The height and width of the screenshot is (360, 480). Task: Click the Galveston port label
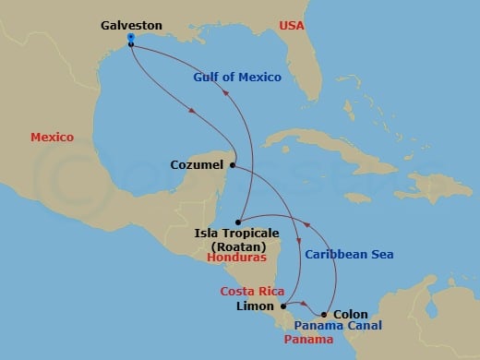(131, 26)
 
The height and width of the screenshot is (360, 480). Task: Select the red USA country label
(292, 26)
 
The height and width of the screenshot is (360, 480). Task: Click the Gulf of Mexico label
(237, 78)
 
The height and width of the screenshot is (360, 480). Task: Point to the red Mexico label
(52, 137)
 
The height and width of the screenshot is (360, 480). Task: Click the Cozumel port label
(198, 166)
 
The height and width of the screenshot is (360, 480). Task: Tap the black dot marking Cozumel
(233, 166)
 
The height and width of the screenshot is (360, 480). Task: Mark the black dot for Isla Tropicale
(238, 222)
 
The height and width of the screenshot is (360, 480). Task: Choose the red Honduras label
(236, 259)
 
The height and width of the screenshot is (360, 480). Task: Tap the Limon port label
(256, 306)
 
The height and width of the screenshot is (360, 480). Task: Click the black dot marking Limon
(282, 306)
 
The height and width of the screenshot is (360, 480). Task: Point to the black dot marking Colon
(324, 315)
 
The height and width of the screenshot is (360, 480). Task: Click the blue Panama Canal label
(339, 326)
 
